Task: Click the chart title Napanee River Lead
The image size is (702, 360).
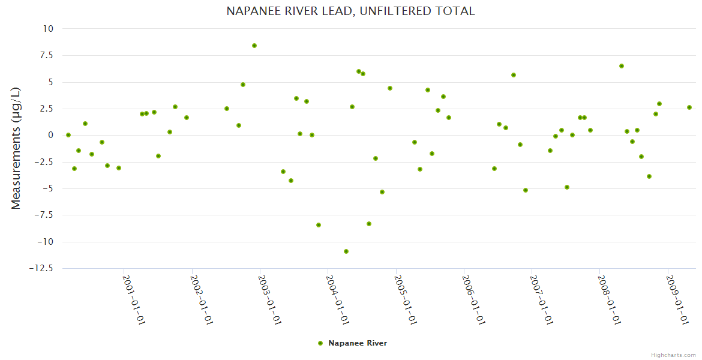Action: pos(350,11)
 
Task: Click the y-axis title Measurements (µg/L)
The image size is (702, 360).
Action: pos(16,148)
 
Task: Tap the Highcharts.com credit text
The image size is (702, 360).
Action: pos(673,355)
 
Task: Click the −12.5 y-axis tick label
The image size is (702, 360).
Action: pos(41,268)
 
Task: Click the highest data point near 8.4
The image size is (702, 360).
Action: pos(254,46)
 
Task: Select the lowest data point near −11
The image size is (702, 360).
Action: pos(346,251)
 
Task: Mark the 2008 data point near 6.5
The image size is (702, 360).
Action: pos(622,66)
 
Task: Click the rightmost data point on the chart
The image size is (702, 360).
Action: pos(689,107)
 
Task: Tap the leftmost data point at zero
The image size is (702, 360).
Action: pos(68,135)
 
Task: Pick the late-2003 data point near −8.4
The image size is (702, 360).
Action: pos(319,225)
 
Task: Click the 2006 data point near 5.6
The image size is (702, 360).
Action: pos(514,75)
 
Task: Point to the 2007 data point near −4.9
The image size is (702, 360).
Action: pos(567,187)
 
